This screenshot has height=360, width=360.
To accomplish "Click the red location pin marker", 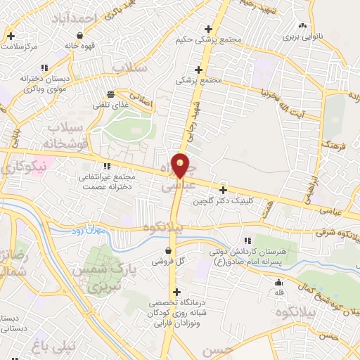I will [181, 165].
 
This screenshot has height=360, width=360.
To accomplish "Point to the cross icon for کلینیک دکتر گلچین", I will [224, 190].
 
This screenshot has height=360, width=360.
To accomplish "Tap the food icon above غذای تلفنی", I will [110, 94].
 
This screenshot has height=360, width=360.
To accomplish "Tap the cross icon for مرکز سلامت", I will [11, 34].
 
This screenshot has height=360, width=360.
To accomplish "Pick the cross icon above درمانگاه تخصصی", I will [176, 291].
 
